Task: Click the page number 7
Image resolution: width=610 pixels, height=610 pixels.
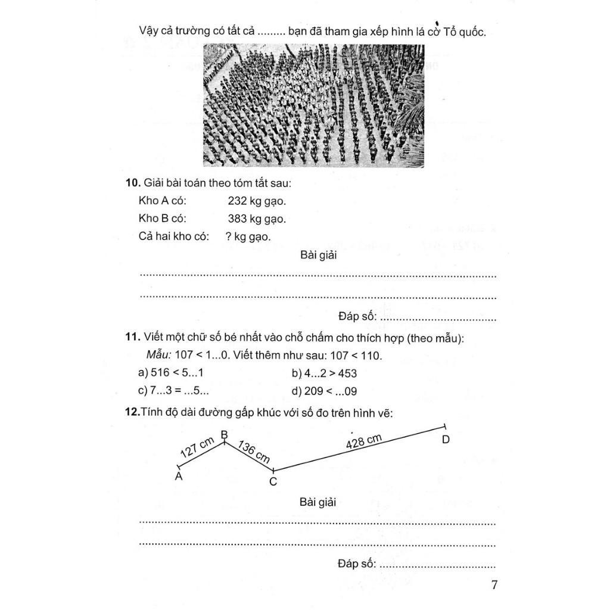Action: pyautogui.click(x=494, y=584)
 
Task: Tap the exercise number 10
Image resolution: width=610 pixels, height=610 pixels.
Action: pyautogui.click(x=132, y=183)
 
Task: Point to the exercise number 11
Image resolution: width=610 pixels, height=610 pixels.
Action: pyautogui.click(x=132, y=338)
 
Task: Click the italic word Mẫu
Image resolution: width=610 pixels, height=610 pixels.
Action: pyautogui.click(x=158, y=355)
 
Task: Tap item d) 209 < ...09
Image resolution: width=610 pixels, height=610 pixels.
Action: pyautogui.click(x=325, y=391)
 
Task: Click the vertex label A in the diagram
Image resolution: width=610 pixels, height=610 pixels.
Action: pyautogui.click(x=179, y=477)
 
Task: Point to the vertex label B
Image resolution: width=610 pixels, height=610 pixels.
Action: pyautogui.click(x=225, y=434)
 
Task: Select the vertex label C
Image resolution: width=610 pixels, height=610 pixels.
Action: pyautogui.click(x=273, y=481)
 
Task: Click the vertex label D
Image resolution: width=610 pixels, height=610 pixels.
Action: pyautogui.click(x=446, y=440)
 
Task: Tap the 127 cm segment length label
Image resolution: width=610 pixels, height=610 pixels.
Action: pyautogui.click(x=197, y=450)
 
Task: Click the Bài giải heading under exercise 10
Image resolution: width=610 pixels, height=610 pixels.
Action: pyautogui.click(x=319, y=256)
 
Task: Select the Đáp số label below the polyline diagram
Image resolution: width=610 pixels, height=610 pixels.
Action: pyautogui.click(x=356, y=563)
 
